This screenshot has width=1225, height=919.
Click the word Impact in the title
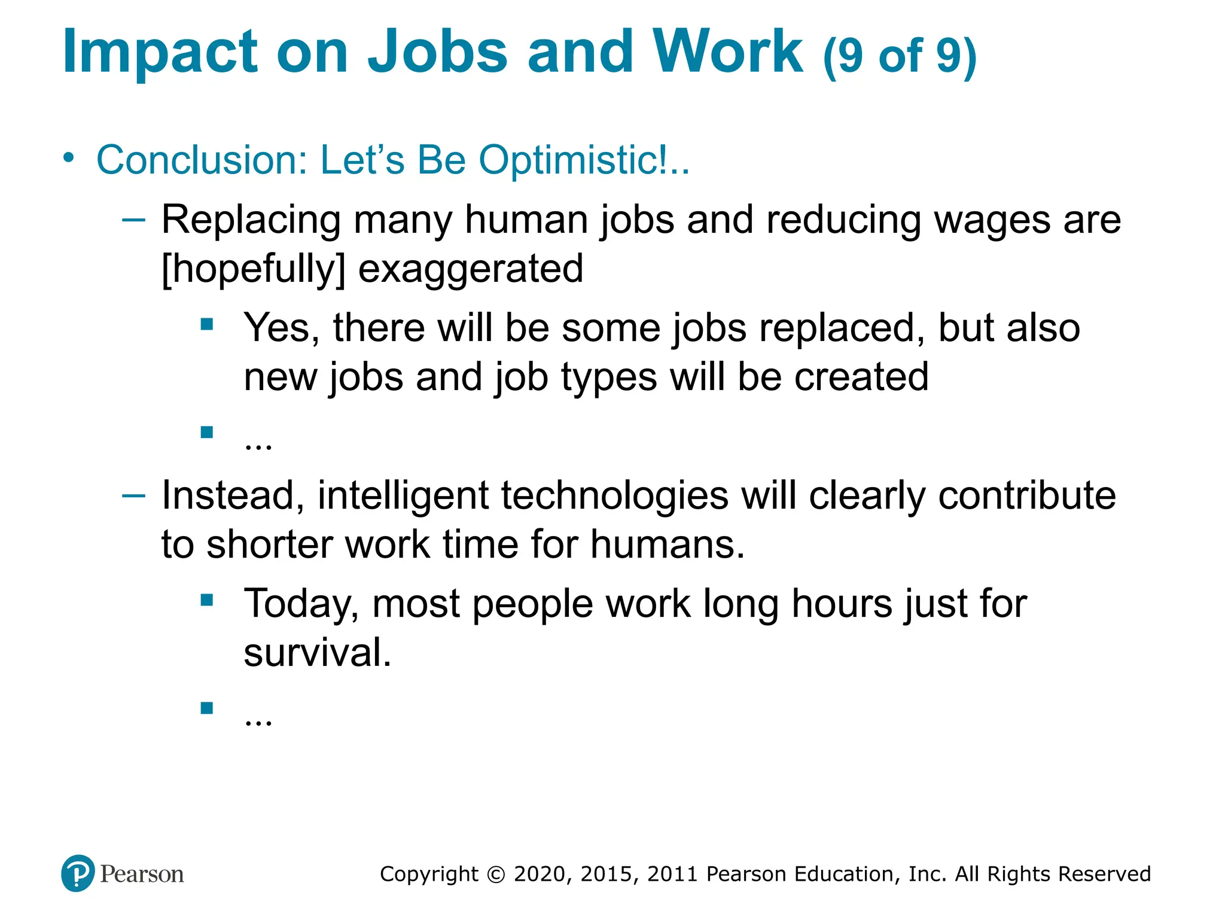tap(160, 53)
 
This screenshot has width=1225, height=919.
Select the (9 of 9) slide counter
tap(900, 56)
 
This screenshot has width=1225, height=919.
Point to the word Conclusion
tap(202, 160)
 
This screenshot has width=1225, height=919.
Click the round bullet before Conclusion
tap(69, 158)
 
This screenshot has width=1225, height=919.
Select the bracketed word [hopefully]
tap(254, 269)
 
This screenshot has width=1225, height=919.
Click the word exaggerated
tap(470, 269)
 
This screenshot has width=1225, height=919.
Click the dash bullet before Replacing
tap(133, 220)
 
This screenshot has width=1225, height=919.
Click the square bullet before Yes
tap(207, 324)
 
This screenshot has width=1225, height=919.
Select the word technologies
tap(614, 495)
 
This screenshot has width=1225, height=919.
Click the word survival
tap(317, 652)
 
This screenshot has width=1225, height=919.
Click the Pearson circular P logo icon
tap(78, 874)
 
